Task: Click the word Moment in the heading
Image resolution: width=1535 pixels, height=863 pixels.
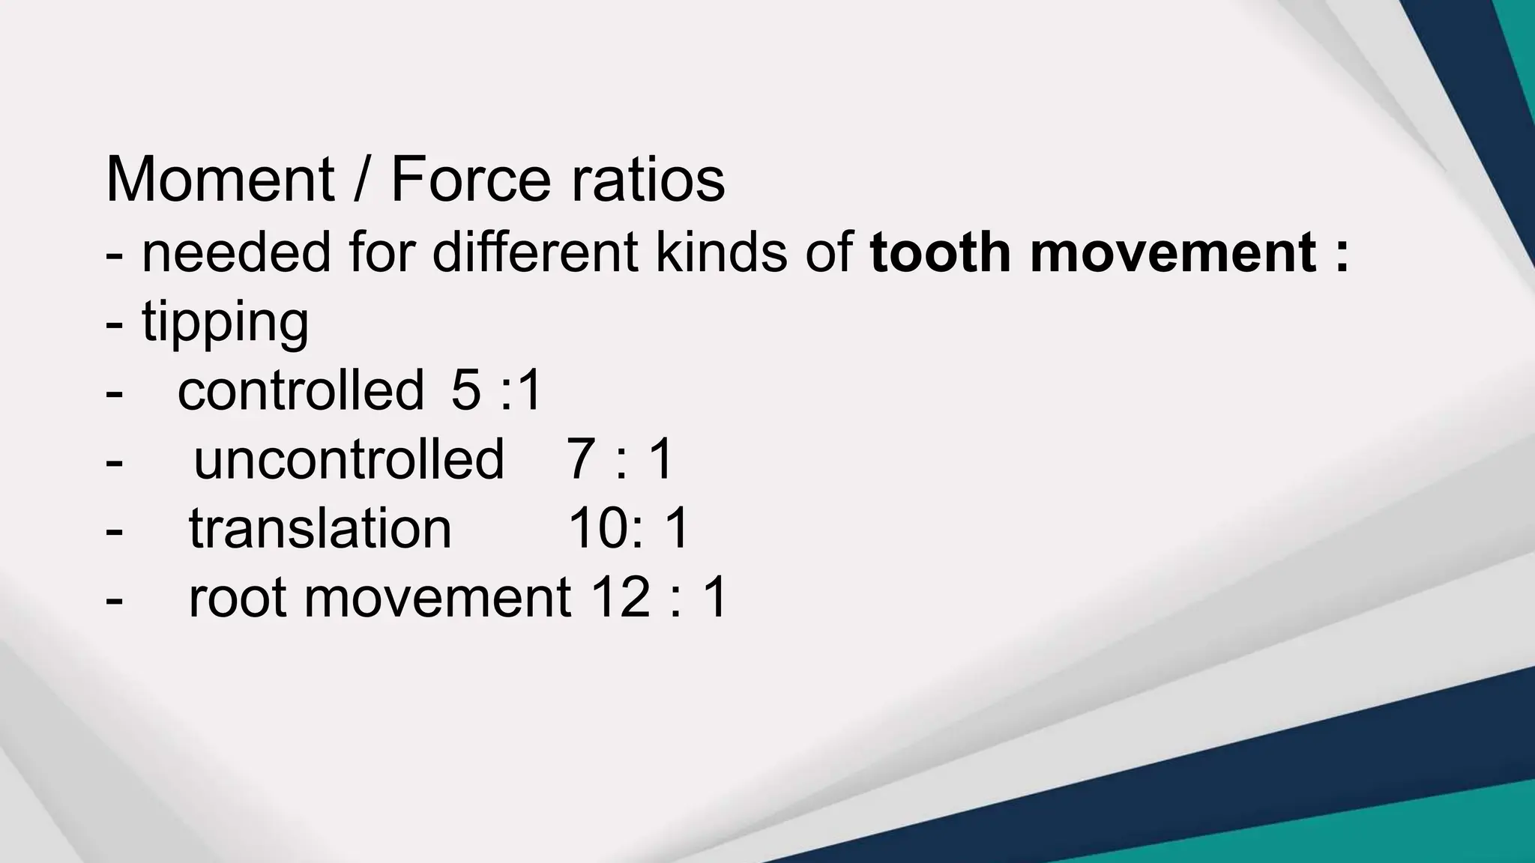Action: tap(220, 180)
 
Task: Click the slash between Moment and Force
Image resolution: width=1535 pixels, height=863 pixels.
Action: tap(361, 180)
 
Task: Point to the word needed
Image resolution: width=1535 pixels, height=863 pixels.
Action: tap(236, 252)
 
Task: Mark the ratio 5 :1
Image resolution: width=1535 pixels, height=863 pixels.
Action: tap(496, 390)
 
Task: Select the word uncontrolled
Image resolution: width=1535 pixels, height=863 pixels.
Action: tap(349, 459)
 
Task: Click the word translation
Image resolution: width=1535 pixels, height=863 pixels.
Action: tap(320, 528)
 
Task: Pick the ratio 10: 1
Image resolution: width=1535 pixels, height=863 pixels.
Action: tap(628, 528)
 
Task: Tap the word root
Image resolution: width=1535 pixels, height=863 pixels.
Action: tap(238, 598)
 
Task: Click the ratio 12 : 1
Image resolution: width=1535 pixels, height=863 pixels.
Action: tap(659, 598)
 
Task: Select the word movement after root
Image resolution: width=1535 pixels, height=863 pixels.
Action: tap(438, 598)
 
